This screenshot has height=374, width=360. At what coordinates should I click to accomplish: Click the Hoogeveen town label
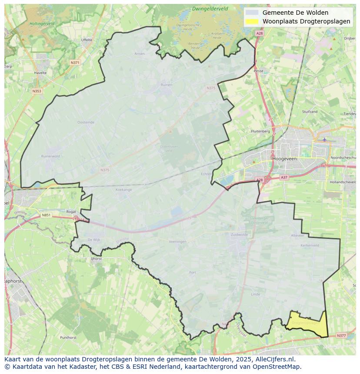(x=284, y=159)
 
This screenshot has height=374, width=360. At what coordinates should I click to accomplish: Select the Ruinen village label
(x=167, y=85)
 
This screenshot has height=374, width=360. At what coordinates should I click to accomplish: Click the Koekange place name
(x=123, y=190)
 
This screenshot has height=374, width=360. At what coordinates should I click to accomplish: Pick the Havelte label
(x=40, y=73)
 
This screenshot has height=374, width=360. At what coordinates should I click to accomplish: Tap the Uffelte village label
(x=87, y=40)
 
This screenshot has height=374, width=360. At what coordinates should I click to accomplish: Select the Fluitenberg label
(x=260, y=131)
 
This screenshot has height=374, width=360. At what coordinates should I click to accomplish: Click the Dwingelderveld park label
(x=210, y=9)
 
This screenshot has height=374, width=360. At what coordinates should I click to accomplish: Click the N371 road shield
(x=75, y=63)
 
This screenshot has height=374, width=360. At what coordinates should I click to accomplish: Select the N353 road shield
(x=37, y=91)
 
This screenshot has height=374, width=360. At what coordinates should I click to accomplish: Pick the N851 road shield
(x=46, y=215)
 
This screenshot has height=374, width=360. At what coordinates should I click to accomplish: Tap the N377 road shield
(x=341, y=335)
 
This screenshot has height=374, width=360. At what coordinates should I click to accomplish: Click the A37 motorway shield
(x=284, y=177)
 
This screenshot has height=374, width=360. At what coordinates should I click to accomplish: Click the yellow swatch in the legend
(x=252, y=21)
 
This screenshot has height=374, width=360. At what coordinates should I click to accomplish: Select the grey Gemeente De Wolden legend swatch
(x=252, y=13)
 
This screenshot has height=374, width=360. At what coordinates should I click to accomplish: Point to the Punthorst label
(x=68, y=337)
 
